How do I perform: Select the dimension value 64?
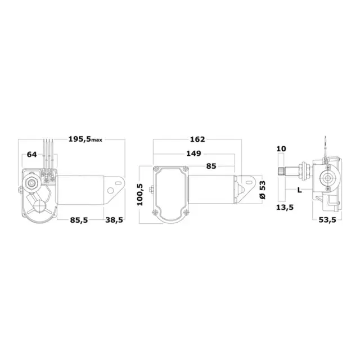(x=32, y=155)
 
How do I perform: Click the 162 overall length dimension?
(x=197, y=139)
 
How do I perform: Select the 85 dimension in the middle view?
(x=212, y=166)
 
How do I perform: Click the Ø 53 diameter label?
(x=261, y=190)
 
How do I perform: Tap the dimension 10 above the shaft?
(x=282, y=149)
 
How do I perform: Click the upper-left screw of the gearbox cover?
(x=155, y=170)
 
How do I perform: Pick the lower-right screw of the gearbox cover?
(x=186, y=211)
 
